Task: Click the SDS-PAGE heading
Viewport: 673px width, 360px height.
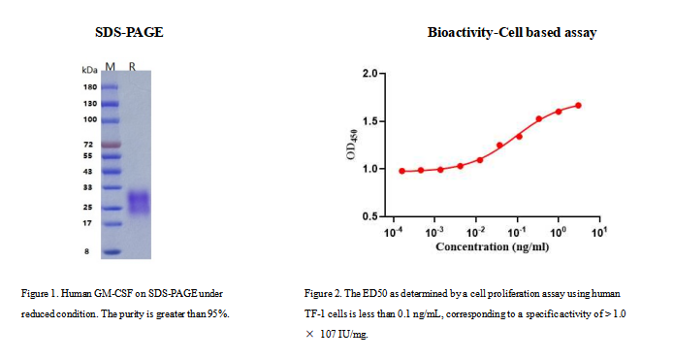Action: pyautogui.click(x=129, y=33)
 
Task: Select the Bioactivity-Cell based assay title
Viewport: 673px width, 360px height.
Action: pyautogui.click(x=511, y=33)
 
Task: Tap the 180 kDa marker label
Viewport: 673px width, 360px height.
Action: pyautogui.click(x=89, y=86)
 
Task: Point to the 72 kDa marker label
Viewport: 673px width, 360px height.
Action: pyautogui.click(x=88, y=144)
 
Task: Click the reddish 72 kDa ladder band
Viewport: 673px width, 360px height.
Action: pyautogui.click(x=111, y=144)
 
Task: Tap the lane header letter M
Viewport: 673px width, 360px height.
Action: pyautogui.click(x=110, y=68)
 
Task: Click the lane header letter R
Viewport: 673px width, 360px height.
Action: pyautogui.click(x=133, y=68)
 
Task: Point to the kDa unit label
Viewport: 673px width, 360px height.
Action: pyautogui.click(x=90, y=69)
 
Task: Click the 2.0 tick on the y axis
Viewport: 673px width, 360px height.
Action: pyautogui.click(x=370, y=74)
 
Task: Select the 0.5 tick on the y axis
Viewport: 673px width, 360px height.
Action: pyautogui.click(x=370, y=216)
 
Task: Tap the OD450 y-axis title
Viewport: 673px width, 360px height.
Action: pyautogui.click(x=351, y=144)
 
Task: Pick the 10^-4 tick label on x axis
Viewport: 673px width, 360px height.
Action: pyautogui.click(x=394, y=234)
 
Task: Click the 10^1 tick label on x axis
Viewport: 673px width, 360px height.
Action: pyautogui.click(x=598, y=234)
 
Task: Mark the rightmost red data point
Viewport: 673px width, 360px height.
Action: pyautogui.click(x=579, y=105)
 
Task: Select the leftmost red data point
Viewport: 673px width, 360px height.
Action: pyautogui.click(x=402, y=171)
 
